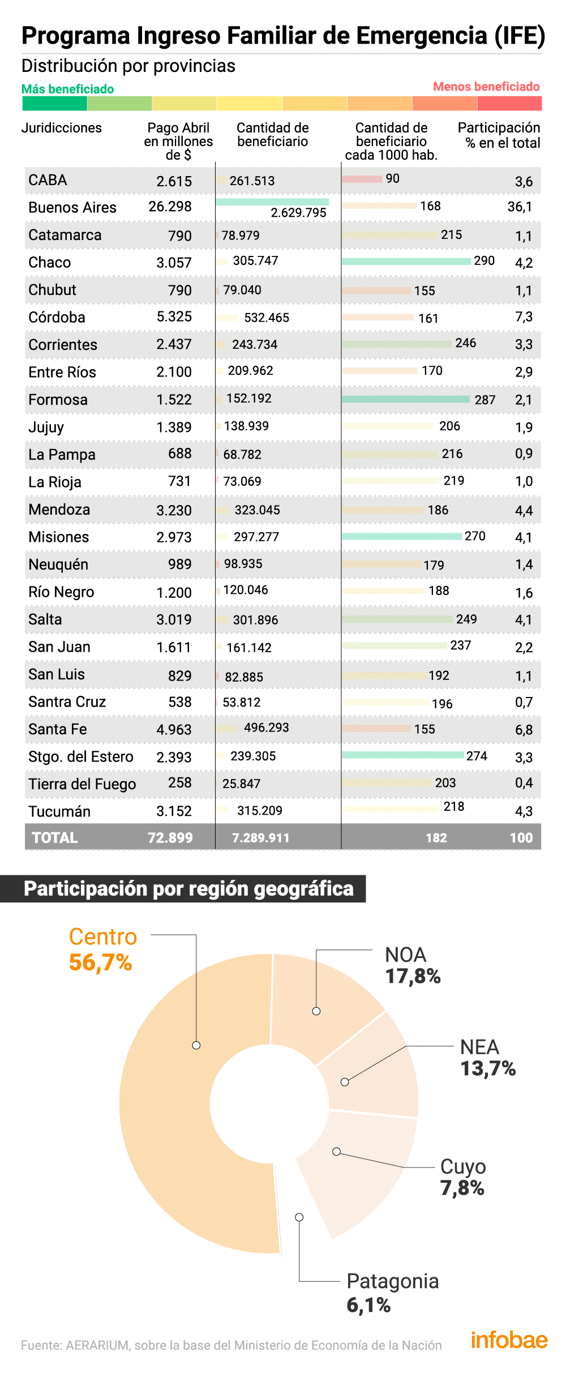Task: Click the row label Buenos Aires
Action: [72, 207]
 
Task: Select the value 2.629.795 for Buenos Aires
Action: [298, 212]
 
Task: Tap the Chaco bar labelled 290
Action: [406, 261]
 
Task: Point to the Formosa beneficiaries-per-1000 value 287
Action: [485, 400]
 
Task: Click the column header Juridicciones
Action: [62, 128]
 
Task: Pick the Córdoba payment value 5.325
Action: [174, 316]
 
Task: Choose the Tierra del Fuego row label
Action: [82, 784]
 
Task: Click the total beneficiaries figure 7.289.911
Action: [260, 837]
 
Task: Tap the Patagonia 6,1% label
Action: [392, 1293]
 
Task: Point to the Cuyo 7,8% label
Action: [463, 1177]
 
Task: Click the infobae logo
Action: [509, 1340]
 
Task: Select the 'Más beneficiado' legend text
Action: [67, 89]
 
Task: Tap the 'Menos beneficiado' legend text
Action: [486, 87]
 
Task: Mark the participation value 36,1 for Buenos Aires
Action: [519, 207]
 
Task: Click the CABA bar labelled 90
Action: [362, 179]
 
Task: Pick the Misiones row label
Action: [59, 537]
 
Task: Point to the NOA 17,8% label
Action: [413, 965]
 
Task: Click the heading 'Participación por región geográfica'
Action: [188, 888]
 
